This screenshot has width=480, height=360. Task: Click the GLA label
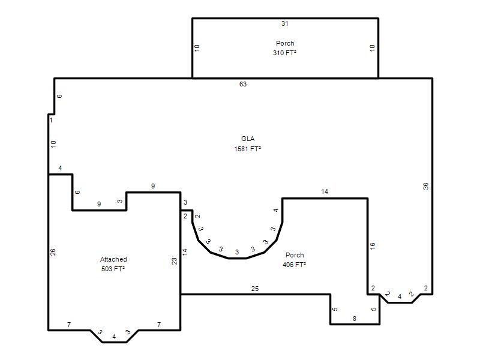click(248, 139)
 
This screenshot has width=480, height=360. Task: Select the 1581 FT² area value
click(248, 149)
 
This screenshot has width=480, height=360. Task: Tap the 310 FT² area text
click(284, 53)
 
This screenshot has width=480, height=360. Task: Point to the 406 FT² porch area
click(295, 265)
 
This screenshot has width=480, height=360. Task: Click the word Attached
click(113, 259)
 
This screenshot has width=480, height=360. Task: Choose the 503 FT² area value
click(113, 269)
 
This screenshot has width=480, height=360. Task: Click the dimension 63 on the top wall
click(243, 84)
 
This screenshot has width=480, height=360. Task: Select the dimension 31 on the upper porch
click(284, 23)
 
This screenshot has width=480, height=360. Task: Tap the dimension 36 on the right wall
click(425, 186)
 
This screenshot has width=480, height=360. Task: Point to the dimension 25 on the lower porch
click(255, 289)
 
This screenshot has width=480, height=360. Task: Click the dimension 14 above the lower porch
click(325, 191)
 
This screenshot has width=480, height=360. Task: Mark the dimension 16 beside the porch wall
click(372, 245)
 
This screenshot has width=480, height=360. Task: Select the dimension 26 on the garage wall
click(53, 252)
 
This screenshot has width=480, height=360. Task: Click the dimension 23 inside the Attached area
click(174, 261)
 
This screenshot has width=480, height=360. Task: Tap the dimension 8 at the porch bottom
click(355, 319)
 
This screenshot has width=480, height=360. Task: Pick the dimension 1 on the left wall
click(51, 120)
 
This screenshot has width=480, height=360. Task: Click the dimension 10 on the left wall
click(53, 144)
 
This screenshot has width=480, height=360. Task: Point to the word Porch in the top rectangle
click(285, 43)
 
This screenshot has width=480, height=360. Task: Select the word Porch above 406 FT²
click(295, 255)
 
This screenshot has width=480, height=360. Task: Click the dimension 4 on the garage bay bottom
click(114, 337)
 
